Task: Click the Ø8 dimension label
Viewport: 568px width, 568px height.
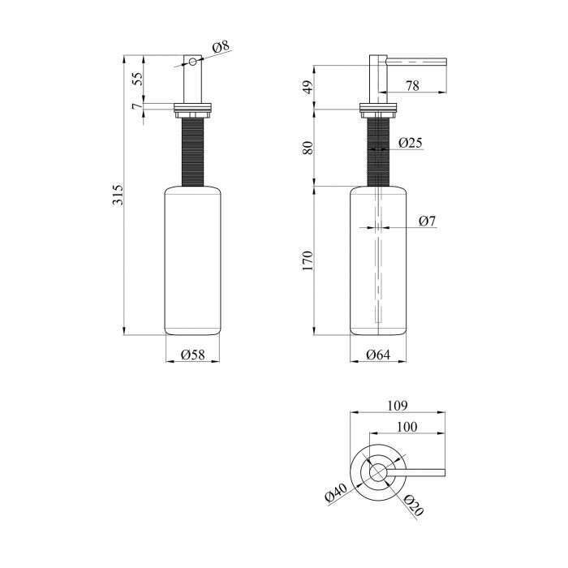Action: pos(221,47)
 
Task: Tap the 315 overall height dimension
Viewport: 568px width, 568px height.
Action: pos(118,195)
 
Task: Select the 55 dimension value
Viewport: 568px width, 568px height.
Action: pos(138,79)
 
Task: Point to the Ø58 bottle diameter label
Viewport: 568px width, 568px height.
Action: pos(193,355)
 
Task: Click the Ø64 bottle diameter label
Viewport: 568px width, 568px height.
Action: pos(378,355)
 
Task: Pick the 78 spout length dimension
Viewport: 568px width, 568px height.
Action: pos(412,86)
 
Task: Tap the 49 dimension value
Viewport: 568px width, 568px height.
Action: pos(308,88)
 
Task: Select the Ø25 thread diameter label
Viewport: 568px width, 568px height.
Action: pos(411,143)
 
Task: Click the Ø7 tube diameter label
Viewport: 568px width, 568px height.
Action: pos(428,221)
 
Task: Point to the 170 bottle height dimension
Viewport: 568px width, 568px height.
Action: pos(308,260)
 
